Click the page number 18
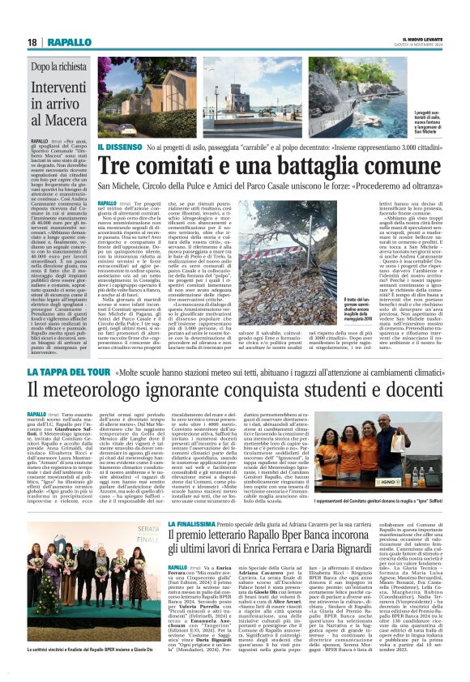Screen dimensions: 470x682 [x=33, y=41]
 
